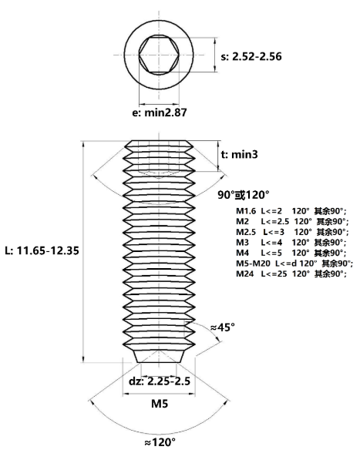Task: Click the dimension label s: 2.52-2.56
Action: click(x=251, y=56)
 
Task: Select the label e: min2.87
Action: click(x=160, y=112)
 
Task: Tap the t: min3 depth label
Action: click(x=240, y=154)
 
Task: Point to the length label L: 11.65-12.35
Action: click(x=42, y=250)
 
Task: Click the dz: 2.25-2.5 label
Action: click(x=160, y=381)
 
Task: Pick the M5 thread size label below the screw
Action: click(x=160, y=404)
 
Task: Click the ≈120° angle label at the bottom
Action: click(x=160, y=442)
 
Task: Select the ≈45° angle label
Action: click(x=223, y=327)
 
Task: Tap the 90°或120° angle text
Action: click(x=244, y=195)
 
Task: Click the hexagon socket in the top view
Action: click(x=159, y=55)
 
